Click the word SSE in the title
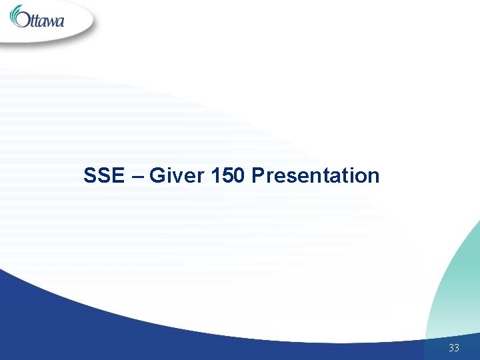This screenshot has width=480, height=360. pyautogui.click(x=103, y=176)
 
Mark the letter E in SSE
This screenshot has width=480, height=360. pyautogui.click(x=118, y=176)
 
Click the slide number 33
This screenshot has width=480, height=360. pyautogui.click(x=454, y=347)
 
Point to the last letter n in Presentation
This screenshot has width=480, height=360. pyautogui.click(x=373, y=177)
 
